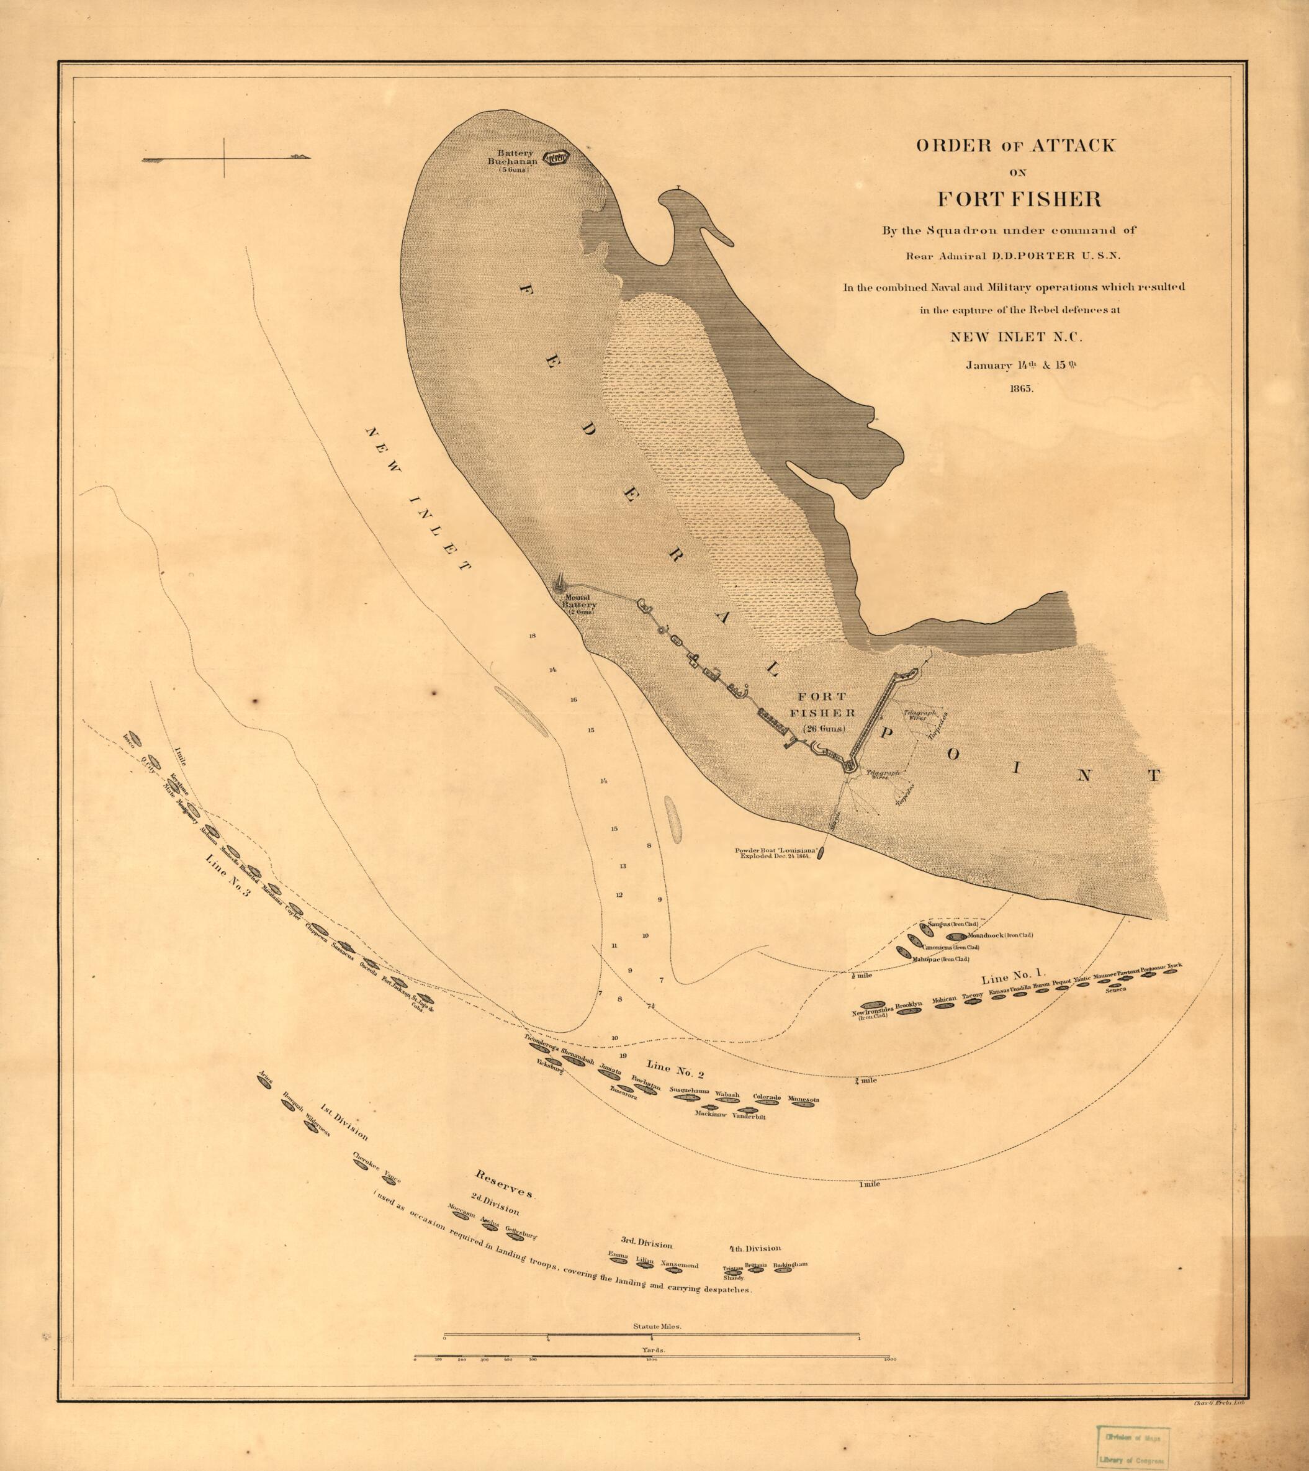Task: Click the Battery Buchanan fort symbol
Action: coord(556,158)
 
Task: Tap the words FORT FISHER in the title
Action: coord(1019,199)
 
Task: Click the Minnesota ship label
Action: coord(803,1099)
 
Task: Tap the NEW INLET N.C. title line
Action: coord(1016,336)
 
